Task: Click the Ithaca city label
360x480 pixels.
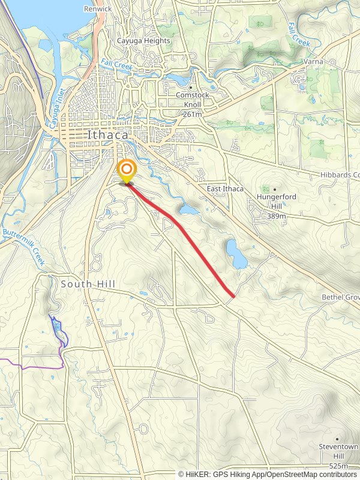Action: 107,135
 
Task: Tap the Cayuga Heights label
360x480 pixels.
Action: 143,41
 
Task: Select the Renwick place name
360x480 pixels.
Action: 98,9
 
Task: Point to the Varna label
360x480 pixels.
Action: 313,62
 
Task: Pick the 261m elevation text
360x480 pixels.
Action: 192,113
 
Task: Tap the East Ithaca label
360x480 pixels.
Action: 225,189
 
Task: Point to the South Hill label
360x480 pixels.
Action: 88,283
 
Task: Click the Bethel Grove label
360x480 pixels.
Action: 340,298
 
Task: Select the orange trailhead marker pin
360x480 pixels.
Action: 127,170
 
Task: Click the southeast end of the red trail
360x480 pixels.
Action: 233,295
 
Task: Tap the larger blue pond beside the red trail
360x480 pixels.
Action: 236,254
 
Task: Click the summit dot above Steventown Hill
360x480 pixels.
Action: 337,439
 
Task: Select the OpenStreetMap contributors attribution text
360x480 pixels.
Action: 307,474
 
